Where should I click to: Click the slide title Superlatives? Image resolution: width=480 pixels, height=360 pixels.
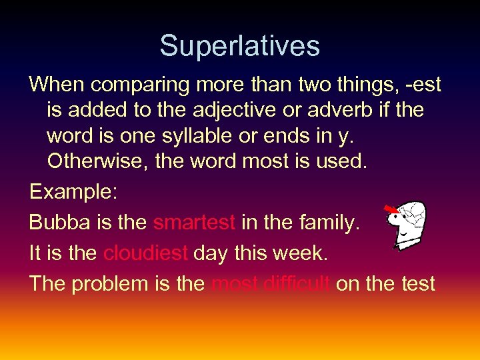(x=240, y=46)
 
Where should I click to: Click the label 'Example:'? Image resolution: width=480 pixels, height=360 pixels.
(x=73, y=192)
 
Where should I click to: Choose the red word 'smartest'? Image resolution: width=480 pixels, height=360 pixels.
(x=194, y=223)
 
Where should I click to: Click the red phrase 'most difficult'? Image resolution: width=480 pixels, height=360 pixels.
(x=270, y=284)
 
